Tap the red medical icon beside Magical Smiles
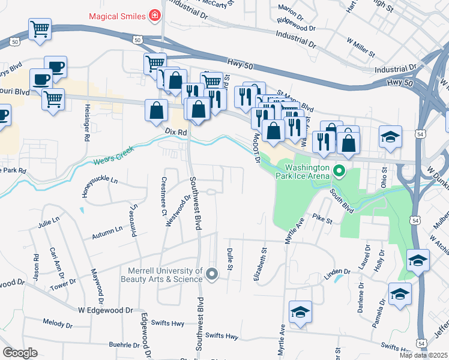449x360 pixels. pos(155,14)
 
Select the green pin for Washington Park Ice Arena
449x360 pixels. pos(339,172)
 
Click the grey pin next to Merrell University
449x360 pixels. pos(211,274)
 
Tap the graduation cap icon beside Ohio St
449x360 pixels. pos(390,137)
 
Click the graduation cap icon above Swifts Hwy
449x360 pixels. pos(300,312)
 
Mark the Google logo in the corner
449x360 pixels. pos(20,353)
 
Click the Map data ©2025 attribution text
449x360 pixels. pos(424,355)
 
